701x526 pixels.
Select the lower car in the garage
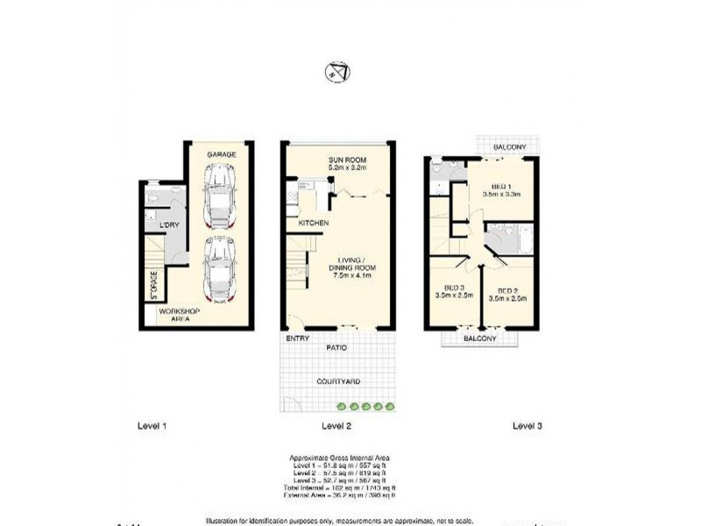(218, 268)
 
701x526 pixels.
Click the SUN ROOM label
(347, 160)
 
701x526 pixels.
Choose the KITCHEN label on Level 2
(314, 224)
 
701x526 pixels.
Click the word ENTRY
(294, 338)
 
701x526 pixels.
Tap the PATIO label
(338, 348)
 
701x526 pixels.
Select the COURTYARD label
(337, 381)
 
